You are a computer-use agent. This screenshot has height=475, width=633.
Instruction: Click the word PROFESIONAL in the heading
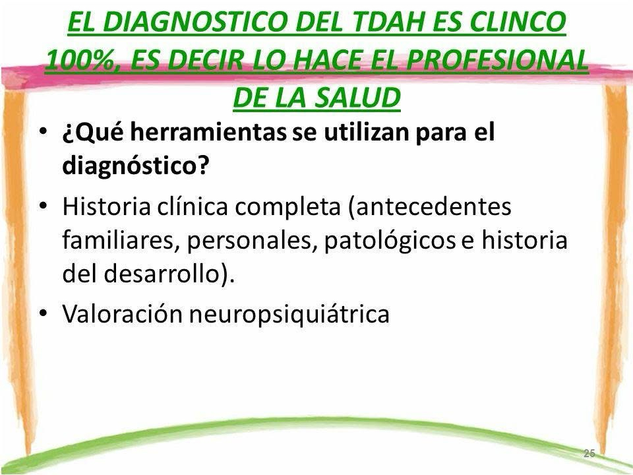(x=497, y=59)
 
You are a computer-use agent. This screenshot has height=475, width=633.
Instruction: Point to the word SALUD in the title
(x=357, y=98)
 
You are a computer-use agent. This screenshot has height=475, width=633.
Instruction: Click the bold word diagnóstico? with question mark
(x=136, y=165)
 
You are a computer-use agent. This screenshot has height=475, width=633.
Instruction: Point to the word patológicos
(x=390, y=241)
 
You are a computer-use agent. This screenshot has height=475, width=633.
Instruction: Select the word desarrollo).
(x=169, y=274)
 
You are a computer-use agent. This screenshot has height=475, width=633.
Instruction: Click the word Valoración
(x=123, y=313)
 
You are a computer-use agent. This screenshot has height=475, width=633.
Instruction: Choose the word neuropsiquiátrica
(x=289, y=314)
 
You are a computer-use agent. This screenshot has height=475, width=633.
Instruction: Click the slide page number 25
(x=589, y=453)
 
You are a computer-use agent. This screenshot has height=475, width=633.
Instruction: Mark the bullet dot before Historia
(x=44, y=206)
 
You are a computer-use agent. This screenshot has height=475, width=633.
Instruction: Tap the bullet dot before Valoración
(x=44, y=313)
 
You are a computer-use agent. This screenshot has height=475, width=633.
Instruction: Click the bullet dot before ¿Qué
(x=44, y=132)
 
